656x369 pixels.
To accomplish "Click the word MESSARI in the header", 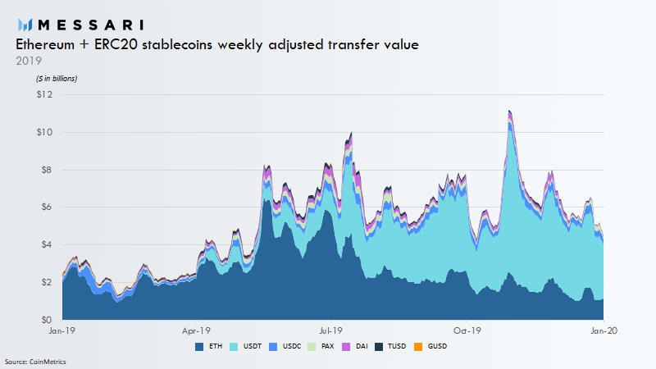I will point(97,25).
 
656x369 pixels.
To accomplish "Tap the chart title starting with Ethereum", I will point(217,45).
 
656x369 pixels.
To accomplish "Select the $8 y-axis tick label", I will point(45,170).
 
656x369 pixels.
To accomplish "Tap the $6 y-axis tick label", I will point(45,207).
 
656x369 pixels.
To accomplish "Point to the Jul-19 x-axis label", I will point(330,330).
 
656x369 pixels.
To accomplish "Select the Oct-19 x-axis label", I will point(466,330).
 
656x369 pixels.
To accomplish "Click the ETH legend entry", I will point(212,346).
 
